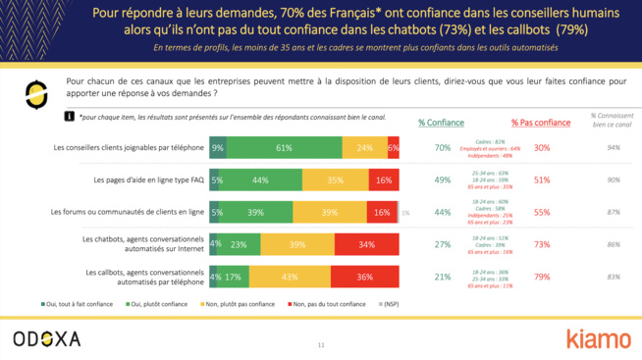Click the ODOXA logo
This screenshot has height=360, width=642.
47,338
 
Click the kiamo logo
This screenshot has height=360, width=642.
598,338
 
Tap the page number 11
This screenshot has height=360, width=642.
320,345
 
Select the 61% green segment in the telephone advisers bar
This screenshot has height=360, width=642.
284,148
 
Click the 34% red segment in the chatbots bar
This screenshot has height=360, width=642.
366,244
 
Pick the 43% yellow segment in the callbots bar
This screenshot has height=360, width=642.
290,277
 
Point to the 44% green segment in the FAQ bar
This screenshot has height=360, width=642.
261,180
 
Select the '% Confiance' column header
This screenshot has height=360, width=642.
441,123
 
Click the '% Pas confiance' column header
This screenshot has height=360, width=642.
540,123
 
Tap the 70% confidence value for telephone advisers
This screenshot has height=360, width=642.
442,148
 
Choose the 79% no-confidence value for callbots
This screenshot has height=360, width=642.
541,277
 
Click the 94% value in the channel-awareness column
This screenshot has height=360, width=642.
615,148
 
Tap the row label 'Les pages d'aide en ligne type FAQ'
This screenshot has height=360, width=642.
148,180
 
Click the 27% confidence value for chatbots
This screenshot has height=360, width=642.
442,244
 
